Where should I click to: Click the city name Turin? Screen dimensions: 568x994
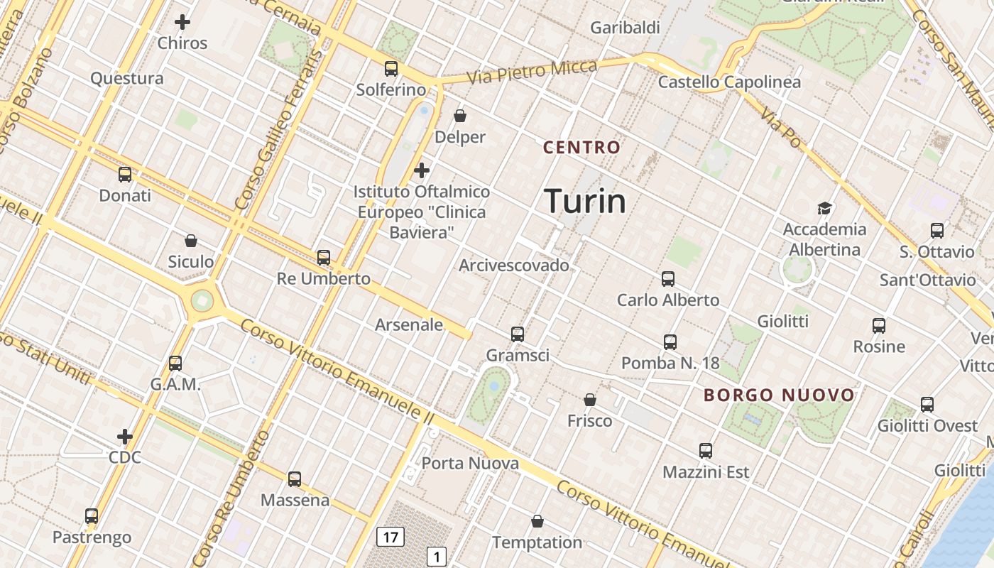coord(585,202)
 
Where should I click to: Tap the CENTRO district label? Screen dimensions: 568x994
coord(581,148)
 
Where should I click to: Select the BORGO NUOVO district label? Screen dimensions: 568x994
coord(779,395)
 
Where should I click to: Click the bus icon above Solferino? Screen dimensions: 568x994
coord(391,69)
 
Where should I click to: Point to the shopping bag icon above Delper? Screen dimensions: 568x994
coord(460,116)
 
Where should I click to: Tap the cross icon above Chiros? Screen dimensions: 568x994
coord(182,22)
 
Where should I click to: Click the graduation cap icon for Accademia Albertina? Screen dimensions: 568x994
coord(824,208)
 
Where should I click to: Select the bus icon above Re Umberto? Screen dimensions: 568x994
coord(324,258)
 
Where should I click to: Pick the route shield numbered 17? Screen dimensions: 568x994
coord(390,537)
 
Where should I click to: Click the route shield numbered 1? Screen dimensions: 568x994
coord(437,557)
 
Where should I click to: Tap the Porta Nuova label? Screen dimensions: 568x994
coord(470,464)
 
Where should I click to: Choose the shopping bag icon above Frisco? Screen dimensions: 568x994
coord(589,400)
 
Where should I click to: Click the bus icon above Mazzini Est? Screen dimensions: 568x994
coord(705,451)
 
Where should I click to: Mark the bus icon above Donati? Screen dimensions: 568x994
coord(125,174)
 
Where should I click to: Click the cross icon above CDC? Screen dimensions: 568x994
coord(125,436)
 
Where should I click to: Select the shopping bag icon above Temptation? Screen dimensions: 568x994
coord(537,522)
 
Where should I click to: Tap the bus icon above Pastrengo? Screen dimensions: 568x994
coord(92,516)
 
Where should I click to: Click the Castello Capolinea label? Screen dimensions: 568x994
coord(729,82)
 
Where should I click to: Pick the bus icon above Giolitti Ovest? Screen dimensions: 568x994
coord(927,405)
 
